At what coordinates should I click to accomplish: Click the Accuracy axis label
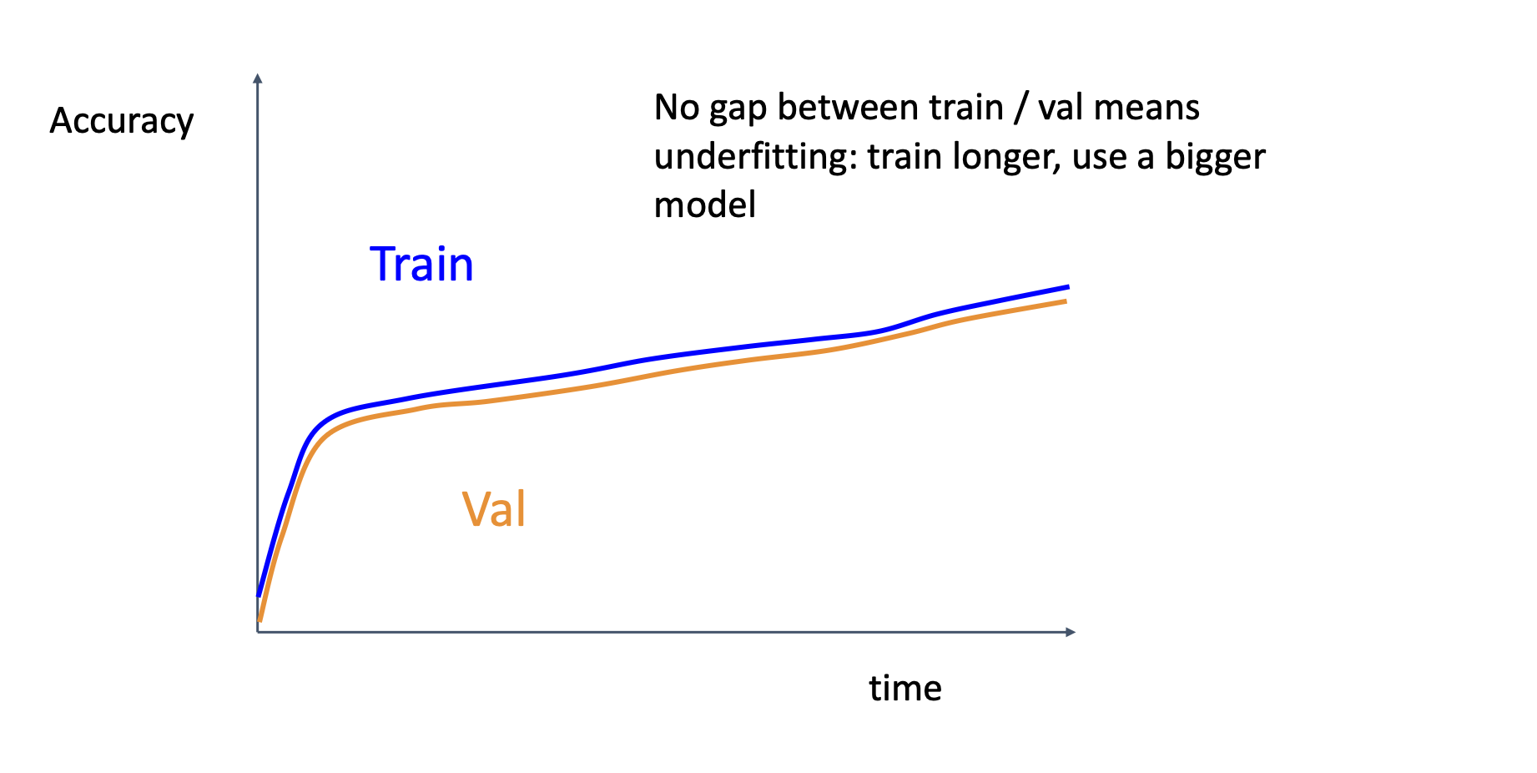(122, 122)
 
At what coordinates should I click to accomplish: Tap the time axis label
(905, 689)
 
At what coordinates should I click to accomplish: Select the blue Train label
(421, 265)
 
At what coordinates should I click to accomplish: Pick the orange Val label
(494, 508)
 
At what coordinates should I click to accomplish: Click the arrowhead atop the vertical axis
(258, 78)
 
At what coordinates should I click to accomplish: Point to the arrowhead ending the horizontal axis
(1071, 632)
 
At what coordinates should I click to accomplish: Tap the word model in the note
(705, 205)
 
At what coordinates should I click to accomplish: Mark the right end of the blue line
(1068, 286)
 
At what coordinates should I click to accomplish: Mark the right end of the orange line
(1066, 301)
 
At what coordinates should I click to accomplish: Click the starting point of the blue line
(259, 595)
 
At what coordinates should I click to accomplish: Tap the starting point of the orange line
(260, 621)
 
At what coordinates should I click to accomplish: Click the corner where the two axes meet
(258, 632)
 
